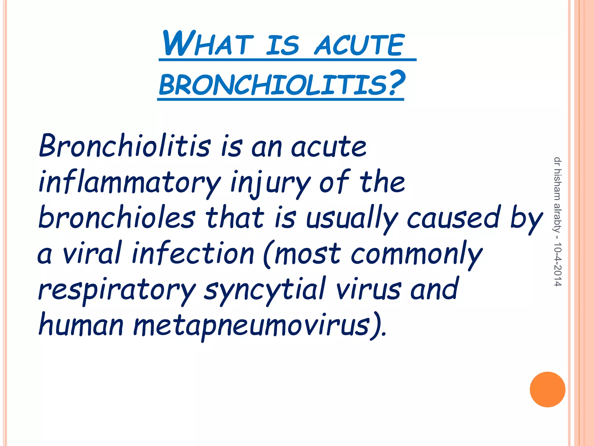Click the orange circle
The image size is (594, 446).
pyautogui.click(x=547, y=389)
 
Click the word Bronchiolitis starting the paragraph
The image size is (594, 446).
pyautogui.click(x=125, y=146)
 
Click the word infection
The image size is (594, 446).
pyautogui.click(x=193, y=253)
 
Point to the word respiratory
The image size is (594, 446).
pyautogui.click(x=117, y=290)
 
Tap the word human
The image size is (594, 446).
pyautogui.click(x=81, y=325)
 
